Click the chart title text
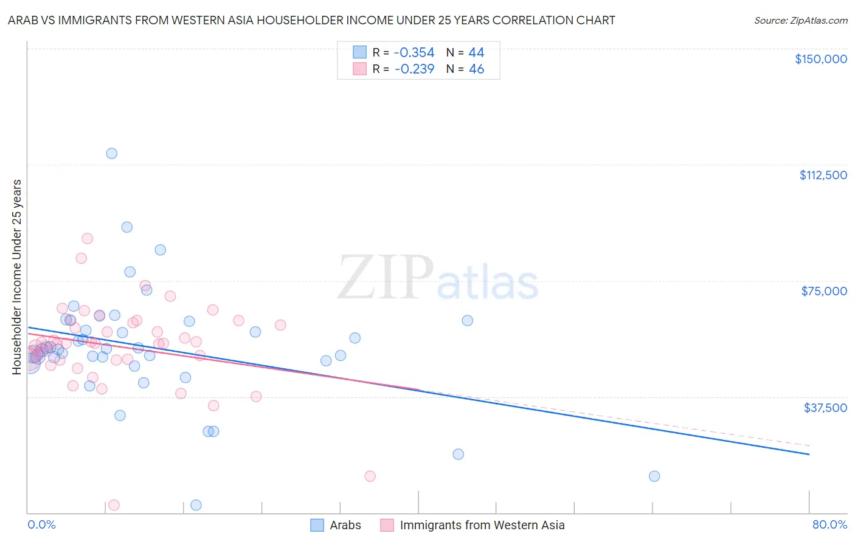(311, 20)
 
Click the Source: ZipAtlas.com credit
(800, 20)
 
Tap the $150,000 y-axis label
(820, 59)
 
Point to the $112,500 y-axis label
(823, 175)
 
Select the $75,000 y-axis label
(824, 291)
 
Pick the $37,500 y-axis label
(825, 408)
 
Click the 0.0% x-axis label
(41, 524)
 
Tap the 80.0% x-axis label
(829, 524)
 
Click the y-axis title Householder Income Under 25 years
(17, 276)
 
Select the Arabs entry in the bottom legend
(345, 525)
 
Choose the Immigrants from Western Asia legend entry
(482, 525)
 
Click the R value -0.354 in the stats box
(414, 52)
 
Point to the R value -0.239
(414, 69)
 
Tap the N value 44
(476, 52)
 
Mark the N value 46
(476, 69)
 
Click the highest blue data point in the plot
(112, 153)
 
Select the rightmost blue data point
(654, 476)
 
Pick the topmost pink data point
(88, 239)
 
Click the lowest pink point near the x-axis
(114, 505)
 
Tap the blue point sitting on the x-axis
(196, 505)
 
